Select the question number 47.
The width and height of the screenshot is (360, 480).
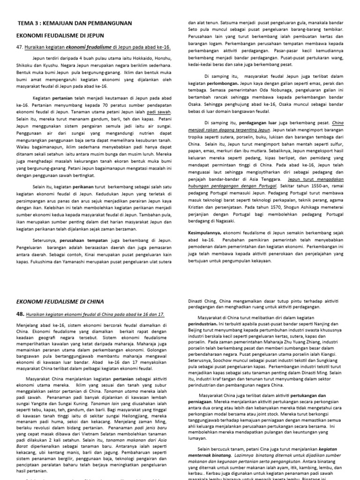coord(20,47)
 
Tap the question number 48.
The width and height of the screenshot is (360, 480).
coord(20,314)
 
